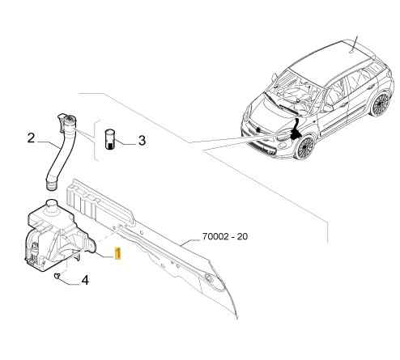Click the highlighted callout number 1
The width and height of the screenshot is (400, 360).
[117, 253]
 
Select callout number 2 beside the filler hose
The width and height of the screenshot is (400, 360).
[31, 138]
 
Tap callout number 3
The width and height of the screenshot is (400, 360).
[142, 141]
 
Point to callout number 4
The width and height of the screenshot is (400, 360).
[85, 281]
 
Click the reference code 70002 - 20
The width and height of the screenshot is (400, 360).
[225, 236]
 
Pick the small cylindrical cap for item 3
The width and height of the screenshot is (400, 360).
[109, 139]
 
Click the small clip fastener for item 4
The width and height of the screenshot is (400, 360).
[57, 275]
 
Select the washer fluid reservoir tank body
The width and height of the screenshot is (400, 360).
[58, 237]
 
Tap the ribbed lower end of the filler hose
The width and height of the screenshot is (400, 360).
[51, 185]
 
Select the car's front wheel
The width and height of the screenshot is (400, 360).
[305, 147]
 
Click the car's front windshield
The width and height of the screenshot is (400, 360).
[294, 94]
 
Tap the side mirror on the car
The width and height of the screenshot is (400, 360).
[327, 108]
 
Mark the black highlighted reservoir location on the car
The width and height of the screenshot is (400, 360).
[295, 129]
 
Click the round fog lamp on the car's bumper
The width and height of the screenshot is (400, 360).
[283, 146]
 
